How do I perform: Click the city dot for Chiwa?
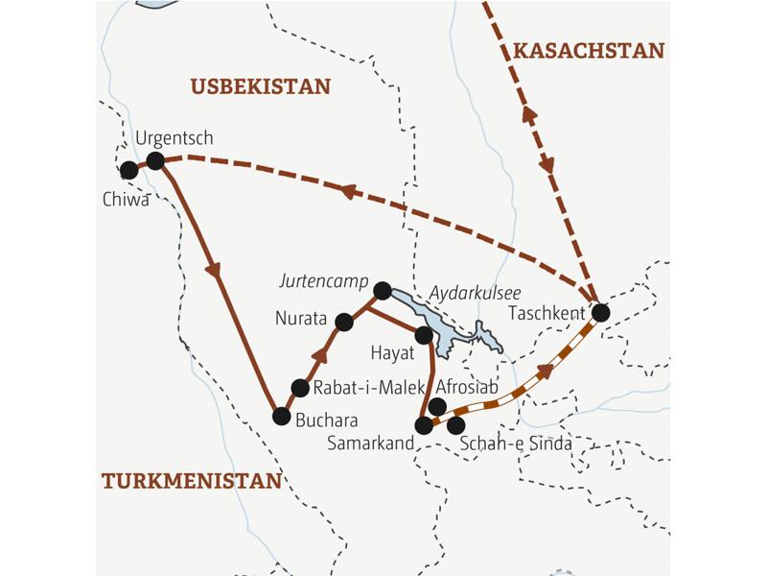(x=128, y=170)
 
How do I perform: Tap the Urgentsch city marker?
(x=155, y=160)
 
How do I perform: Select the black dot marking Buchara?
(x=281, y=416)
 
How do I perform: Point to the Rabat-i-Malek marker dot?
(x=300, y=388)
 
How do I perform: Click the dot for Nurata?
(x=344, y=322)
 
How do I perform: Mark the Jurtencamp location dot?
(x=382, y=290)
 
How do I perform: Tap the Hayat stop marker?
(x=423, y=335)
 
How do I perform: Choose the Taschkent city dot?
(x=601, y=312)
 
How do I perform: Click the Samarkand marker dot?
(x=424, y=424)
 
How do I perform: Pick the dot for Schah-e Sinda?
(x=456, y=424)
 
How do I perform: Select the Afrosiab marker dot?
(x=437, y=406)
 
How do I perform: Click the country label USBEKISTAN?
(x=260, y=86)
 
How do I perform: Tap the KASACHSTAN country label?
(x=589, y=51)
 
